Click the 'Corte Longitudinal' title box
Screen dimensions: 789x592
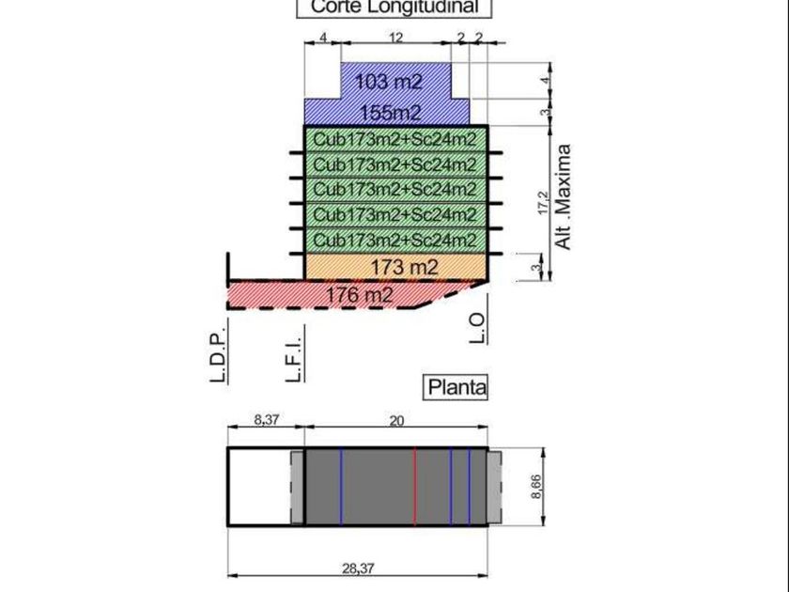coord(394,7)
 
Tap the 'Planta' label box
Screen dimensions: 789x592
coord(457,387)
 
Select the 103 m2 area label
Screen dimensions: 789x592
coord(389,82)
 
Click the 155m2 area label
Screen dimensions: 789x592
coord(390,114)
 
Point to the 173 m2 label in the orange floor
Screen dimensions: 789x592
coord(404,268)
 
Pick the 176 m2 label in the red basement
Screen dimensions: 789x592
coord(360,294)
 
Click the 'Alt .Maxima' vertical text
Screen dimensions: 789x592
coord(564,196)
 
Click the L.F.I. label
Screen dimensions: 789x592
coord(292,356)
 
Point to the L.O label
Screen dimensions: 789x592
coord(477,328)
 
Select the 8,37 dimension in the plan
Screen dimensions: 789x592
coord(266,420)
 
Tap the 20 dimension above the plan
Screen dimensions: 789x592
coord(395,420)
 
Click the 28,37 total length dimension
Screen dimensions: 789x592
coord(358,568)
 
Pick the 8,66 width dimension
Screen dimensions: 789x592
coord(536,486)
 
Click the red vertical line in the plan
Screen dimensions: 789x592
coord(414,486)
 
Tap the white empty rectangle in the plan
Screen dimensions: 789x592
coord(258,486)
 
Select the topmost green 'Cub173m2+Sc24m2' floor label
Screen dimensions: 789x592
coord(394,140)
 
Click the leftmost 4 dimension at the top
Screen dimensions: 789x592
coord(322,38)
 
